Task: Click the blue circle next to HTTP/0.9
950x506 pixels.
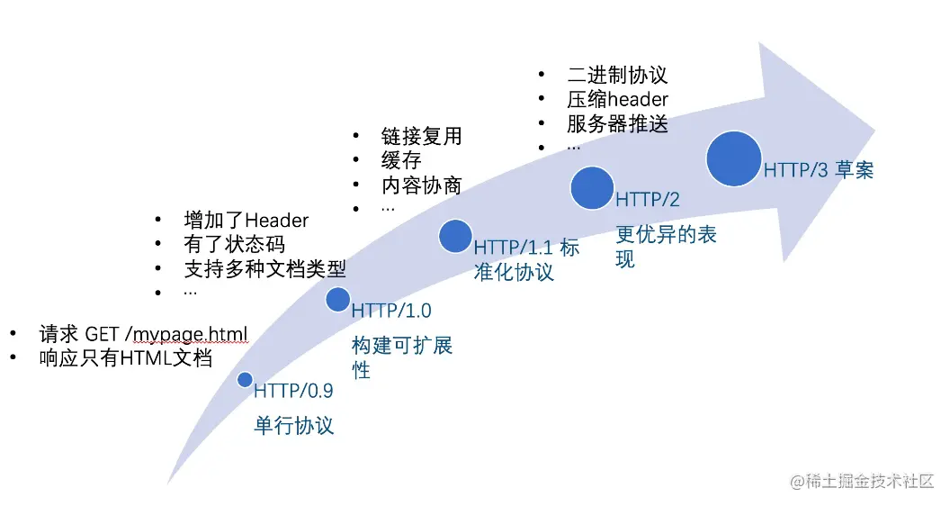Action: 245,380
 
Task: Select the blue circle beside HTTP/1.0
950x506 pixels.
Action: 337,299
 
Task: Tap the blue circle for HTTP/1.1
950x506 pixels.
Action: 455,236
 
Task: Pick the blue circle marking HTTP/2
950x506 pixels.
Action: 592,188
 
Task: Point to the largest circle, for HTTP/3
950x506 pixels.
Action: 734,158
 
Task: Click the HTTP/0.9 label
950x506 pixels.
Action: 293,391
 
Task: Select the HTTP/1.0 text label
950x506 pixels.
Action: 391,311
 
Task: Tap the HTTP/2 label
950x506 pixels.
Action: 648,199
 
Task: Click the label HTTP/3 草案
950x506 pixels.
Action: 819,170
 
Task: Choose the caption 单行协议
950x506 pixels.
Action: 294,425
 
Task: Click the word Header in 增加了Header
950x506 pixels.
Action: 277,220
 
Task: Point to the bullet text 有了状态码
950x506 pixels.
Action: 235,244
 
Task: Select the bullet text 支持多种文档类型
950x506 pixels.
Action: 264,268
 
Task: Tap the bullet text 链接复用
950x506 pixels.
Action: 422,136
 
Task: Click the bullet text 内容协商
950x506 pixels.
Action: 422,185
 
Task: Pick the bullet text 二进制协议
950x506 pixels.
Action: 617,75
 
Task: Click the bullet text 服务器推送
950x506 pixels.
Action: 617,123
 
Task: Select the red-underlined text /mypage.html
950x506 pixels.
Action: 186,334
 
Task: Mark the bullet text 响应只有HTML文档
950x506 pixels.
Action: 126,358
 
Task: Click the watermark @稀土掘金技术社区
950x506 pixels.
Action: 862,481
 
